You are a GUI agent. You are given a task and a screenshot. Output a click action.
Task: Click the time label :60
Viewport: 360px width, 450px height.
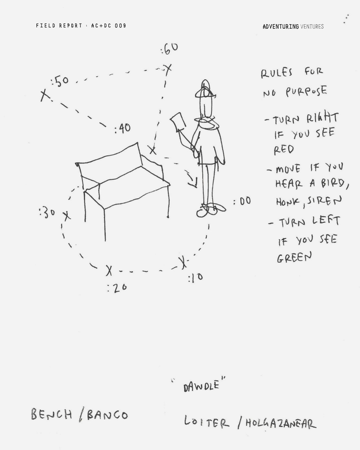coord(169,49)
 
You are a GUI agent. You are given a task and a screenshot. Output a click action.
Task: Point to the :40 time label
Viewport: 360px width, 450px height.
coord(123,128)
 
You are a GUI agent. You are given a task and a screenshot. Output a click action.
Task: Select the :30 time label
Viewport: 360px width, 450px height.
coord(47,213)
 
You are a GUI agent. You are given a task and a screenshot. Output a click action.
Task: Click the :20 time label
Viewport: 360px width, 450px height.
coord(117,288)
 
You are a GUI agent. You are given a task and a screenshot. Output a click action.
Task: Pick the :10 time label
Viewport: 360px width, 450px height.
coord(195,277)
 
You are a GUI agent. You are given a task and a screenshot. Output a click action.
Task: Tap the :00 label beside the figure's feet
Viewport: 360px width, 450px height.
coord(242,201)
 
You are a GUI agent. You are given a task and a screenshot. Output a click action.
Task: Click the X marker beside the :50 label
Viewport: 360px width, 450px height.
coord(45,95)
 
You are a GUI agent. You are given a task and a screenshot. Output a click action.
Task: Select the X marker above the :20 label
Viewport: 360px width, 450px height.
coord(109,271)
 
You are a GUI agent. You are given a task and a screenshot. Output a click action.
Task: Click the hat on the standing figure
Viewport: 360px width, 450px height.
coord(205,90)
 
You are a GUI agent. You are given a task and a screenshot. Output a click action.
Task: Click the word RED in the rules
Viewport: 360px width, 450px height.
coord(284,150)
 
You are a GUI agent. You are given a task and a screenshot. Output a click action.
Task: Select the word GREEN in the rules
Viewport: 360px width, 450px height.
coord(294,257)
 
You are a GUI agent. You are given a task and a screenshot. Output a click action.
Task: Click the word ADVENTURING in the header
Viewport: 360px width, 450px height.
coord(281,27)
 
